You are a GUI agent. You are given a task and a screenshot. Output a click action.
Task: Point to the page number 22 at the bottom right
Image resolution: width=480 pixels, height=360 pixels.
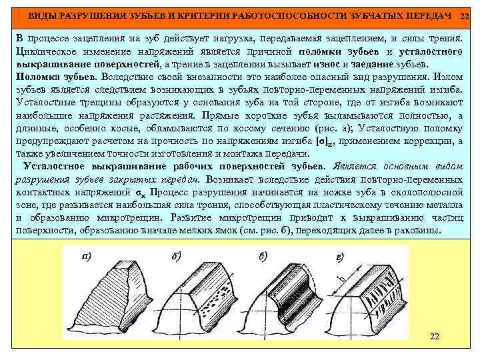tap(434, 336)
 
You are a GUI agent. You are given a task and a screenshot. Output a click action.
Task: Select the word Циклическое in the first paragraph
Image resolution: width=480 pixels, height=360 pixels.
tap(44, 51)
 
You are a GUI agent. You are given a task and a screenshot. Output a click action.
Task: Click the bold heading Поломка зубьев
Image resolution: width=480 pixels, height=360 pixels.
tap(51, 76)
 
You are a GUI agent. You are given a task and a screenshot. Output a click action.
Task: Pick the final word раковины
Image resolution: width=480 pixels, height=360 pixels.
tap(419, 230)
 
